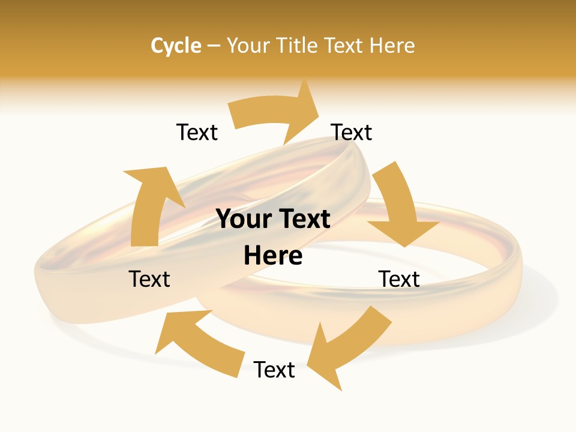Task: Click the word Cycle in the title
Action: click(x=175, y=46)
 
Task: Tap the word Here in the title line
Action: click(x=391, y=46)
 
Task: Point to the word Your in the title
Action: click(x=246, y=46)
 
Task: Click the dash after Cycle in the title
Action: click(x=214, y=46)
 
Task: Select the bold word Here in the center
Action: click(x=273, y=256)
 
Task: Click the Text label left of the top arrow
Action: click(x=197, y=132)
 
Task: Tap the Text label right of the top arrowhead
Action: click(x=352, y=132)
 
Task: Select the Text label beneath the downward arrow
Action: click(x=399, y=279)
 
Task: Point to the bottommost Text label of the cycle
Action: click(x=274, y=370)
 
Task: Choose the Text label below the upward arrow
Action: click(x=149, y=279)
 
